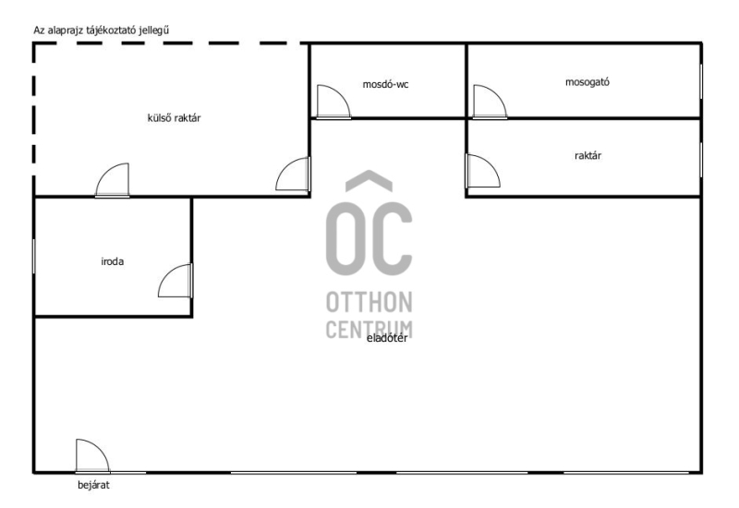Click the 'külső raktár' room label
tap(174, 118)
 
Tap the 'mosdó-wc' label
tap(385, 84)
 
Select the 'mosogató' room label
tap(588, 82)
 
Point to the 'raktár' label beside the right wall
tap(588, 155)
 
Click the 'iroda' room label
tap(112, 261)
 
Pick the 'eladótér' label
tap(387, 338)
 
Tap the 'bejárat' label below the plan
tap(93, 484)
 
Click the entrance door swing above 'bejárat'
tap(93, 455)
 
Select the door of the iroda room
tap(176, 281)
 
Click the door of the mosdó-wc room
tap(333, 102)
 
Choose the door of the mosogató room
tap(491, 102)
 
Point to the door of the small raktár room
tap(483, 171)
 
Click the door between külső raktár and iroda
tap(113, 180)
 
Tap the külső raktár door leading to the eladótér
tap(293, 174)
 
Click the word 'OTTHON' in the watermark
tap(369, 302)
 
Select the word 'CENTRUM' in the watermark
tap(369, 330)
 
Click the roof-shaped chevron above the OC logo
tap(369, 181)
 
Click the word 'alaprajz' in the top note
tap(66, 30)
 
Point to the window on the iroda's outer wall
tap(33, 256)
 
